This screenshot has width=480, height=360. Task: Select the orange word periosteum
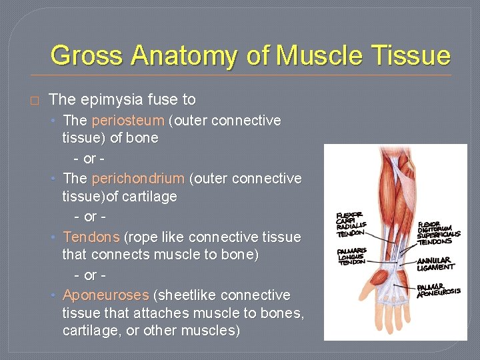point(127,121)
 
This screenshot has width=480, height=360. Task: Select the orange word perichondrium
point(138,179)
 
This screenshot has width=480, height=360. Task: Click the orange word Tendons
point(91,237)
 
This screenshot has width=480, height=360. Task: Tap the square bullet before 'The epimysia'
point(35,101)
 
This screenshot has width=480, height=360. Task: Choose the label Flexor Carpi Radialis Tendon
point(351,224)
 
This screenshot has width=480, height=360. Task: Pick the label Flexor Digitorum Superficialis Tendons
point(438,233)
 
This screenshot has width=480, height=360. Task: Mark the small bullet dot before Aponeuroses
point(54,295)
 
